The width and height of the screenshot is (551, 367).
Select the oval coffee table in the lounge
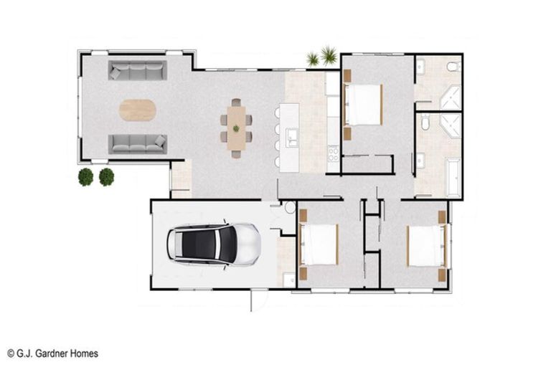[x=137, y=110]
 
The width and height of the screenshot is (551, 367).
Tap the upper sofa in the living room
[x=137, y=70]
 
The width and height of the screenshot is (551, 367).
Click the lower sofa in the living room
[x=137, y=143]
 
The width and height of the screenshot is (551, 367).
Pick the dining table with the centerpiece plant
[x=236, y=128]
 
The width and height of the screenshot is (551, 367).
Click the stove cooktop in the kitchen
[x=333, y=153]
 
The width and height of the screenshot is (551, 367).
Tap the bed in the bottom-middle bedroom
[x=319, y=244]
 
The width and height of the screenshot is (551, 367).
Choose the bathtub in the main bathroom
[x=453, y=177]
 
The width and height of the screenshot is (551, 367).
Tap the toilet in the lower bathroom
[x=425, y=123]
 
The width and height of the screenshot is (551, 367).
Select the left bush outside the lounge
[x=86, y=177]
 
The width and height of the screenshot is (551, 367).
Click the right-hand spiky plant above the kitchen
[x=329, y=54]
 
